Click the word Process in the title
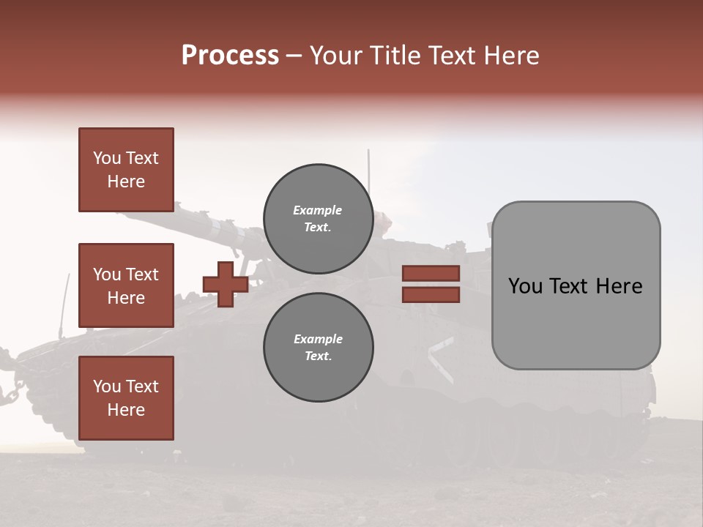click(x=230, y=56)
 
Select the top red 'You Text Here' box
click(x=126, y=170)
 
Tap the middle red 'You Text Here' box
click(x=126, y=285)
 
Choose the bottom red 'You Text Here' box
click(x=126, y=398)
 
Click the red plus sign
click(x=226, y=284)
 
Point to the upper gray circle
click(x=318, y=219)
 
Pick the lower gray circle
click(x=318, y=348)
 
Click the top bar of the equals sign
click(x=431, y=274)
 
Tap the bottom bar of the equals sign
click(x=431, y=294)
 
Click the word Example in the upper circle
click(x=317, y=210)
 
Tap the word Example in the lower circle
click(x=318, y=339)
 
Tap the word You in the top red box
click(x=106, y=158)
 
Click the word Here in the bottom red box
click(x=126, y=410)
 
